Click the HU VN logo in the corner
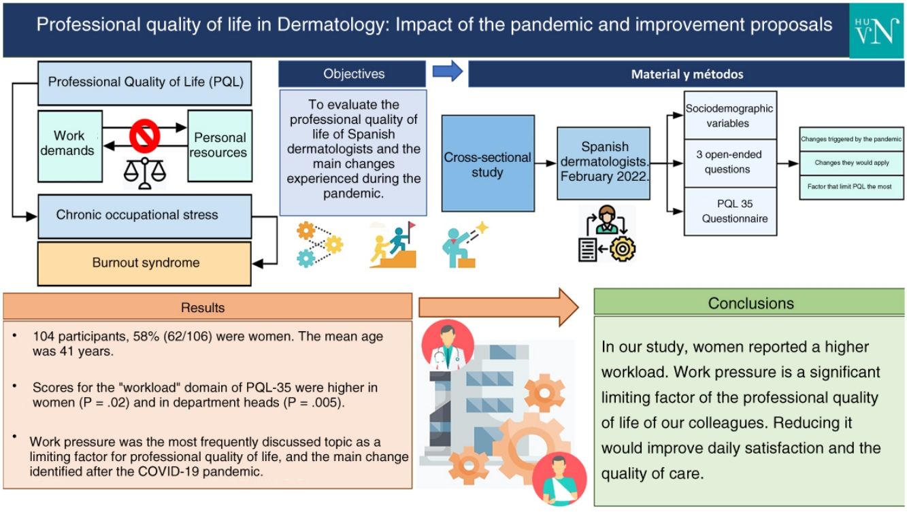[x=876, y=31]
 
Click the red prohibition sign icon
[x=144, y=136]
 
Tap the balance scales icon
[x=144, y=173]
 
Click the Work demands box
[x=70, y=146]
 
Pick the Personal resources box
[x=220, y=146]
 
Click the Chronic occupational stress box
[x=144, y=216]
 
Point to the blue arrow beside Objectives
[x=448, y=71]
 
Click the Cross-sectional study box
[x=488, y=163]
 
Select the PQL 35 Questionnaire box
[x=731, y=211]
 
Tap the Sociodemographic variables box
[x=731, y=116]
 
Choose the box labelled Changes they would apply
[x=851, y=163]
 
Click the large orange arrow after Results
[x=499, y=307]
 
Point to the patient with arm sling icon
[x=559, y=479]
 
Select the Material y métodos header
[x=687, y=74]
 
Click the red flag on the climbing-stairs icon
[x=412, y=225]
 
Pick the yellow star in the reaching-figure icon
[x=482, y=228]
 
